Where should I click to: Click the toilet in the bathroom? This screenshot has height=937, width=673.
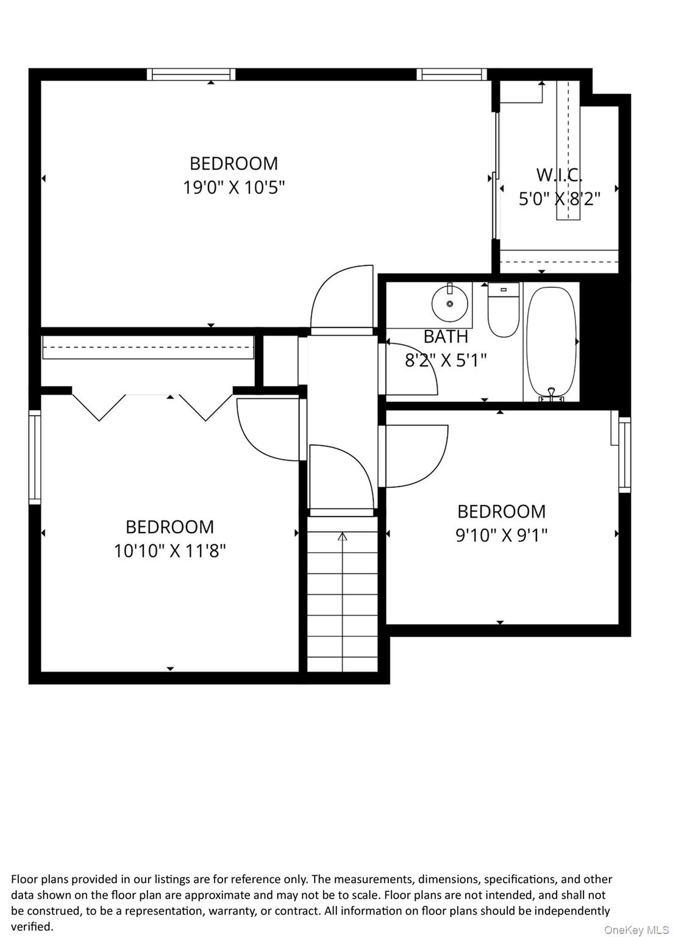click(504, 311)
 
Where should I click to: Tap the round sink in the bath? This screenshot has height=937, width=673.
click(449, 303)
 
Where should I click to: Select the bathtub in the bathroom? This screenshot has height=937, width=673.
click(551, 342)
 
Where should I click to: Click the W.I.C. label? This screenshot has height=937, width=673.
click(559, 175)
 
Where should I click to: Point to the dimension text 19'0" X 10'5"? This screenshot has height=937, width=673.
click(234, 187)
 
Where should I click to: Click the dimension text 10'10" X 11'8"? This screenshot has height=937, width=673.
click(169, 551)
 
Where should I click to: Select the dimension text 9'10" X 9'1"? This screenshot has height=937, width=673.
click(501, 536)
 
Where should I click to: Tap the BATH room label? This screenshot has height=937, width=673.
click(446, 337)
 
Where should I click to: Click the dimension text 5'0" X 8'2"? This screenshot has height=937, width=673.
click(559, 199)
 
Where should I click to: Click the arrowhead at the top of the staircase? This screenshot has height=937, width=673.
click(342, 537)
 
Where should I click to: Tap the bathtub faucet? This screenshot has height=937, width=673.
click(552, 393)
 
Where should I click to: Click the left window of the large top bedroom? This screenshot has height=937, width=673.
click(191, 74)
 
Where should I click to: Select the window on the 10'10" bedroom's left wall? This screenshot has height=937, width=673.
click(35, 457)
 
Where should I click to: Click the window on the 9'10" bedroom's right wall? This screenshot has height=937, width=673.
click(624, 454)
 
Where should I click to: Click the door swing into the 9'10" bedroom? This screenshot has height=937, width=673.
click(415, 454)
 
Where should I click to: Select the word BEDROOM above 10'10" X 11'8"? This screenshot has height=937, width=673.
click(169, 527)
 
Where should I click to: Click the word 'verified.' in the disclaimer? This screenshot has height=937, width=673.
click(32, 927)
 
